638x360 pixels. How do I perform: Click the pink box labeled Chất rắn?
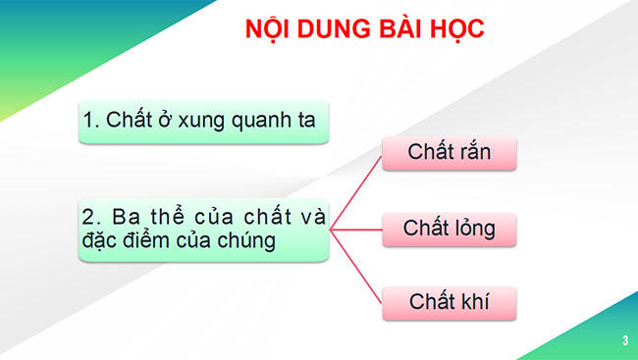(449, 152)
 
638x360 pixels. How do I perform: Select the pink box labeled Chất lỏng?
(449, 230)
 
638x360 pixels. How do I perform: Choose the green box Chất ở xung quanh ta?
(202, 121)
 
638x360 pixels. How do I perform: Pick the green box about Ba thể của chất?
(202, 229)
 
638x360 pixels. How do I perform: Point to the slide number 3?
(624, 340)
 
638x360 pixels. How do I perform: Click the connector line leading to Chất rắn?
(355, 192)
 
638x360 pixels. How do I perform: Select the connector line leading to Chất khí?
(355, 265)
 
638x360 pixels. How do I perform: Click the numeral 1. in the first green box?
(90, 121)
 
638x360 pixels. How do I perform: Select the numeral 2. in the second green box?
(91, 216)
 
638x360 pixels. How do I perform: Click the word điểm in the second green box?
(167, 241)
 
